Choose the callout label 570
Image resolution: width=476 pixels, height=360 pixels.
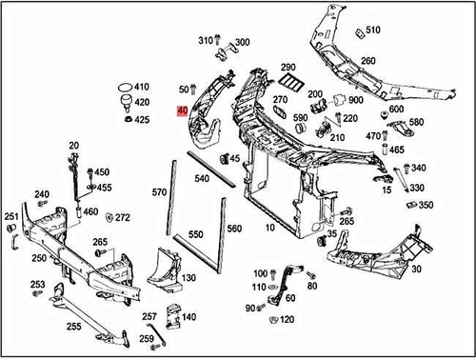click(159, 192)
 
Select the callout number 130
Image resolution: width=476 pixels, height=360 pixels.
click(188, 278)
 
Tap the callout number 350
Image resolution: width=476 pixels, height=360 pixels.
click(426, 205)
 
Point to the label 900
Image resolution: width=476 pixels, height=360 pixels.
click(355, 101)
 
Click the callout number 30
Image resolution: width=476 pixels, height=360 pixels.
click(417, 270)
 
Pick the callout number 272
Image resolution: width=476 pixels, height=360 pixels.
click(123, 217)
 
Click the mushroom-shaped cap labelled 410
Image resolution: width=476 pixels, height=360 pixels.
click(126, 86)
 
